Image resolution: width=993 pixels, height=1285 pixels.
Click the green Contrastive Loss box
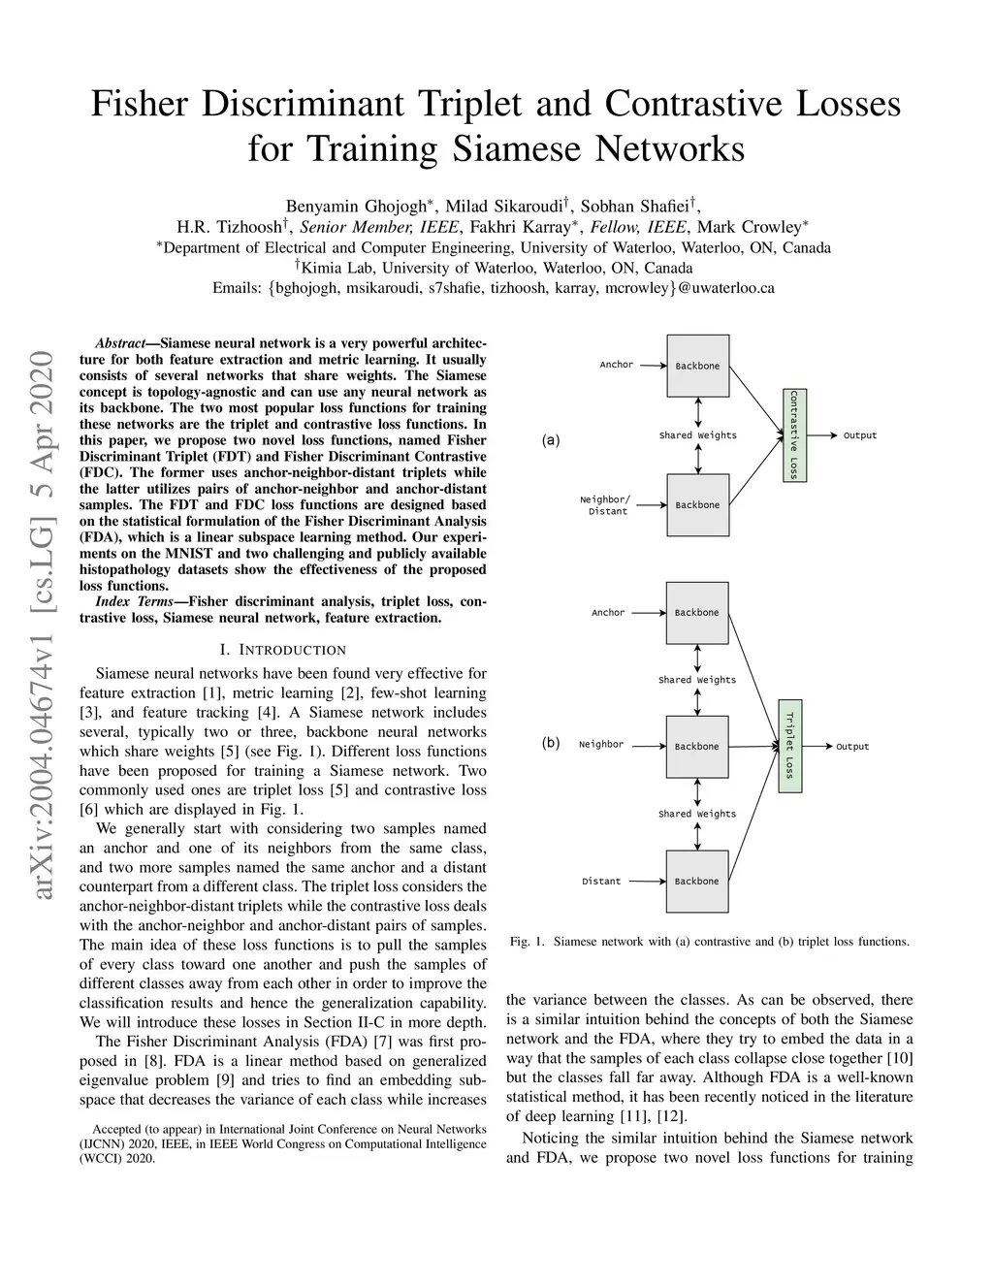click(x=793, y=434)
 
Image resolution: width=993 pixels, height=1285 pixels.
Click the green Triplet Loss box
click(x=790, y=745)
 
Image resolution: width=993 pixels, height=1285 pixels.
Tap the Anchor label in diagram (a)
click(x=616, y=365)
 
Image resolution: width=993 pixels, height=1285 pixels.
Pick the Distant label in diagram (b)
click(x=601, y=882)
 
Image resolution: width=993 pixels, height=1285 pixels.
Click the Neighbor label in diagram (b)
click(x=601, y=745)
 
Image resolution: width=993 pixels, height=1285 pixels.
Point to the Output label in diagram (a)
click(x=859, y=435)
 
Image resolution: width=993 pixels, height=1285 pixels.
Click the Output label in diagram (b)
click(x=852, y=747)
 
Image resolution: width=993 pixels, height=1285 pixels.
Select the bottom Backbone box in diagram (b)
click(x=697, y=882)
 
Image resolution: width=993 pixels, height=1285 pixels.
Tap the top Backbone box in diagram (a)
click(x=697, y=366)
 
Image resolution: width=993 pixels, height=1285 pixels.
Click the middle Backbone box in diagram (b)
click(x=697, y=747)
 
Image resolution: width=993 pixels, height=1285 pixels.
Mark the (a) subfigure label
click(x=551, y=440)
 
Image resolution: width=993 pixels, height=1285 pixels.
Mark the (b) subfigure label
click(x=551, y=744)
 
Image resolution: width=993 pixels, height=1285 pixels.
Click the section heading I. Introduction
click(x=282, y=650)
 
